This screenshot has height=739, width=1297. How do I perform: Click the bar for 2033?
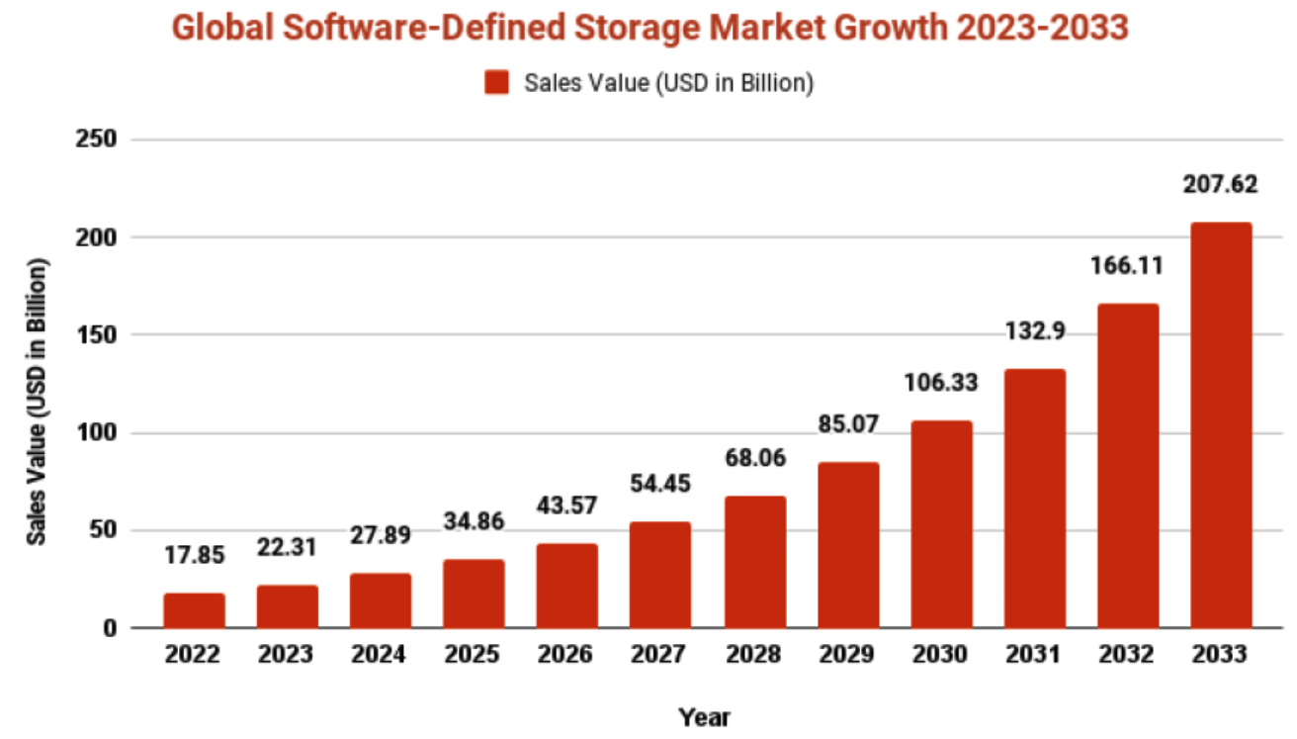coord(1221,425)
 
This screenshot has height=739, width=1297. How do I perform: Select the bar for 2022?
coord(195,610)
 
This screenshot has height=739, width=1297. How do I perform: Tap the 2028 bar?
coord(754,562)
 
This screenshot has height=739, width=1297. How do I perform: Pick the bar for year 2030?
coord(941,524)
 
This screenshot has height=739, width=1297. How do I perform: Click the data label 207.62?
coord(1221,185)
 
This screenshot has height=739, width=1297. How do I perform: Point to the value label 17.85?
coord(195,555)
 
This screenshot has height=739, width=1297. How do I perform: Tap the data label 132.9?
coord(1034,331)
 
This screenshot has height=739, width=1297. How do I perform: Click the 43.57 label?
coord(567,506)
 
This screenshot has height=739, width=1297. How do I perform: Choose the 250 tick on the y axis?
coord(97,140)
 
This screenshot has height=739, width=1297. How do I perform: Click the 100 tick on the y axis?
coord(97,433)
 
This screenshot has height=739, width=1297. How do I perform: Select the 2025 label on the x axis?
coord(474,655)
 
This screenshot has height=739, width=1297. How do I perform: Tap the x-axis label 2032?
coord(1128,655)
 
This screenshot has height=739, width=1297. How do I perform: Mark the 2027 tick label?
coord(660,655)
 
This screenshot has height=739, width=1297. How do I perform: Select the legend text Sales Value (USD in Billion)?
coord(669,84)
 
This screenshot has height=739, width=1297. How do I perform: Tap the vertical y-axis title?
coord(38,401)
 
